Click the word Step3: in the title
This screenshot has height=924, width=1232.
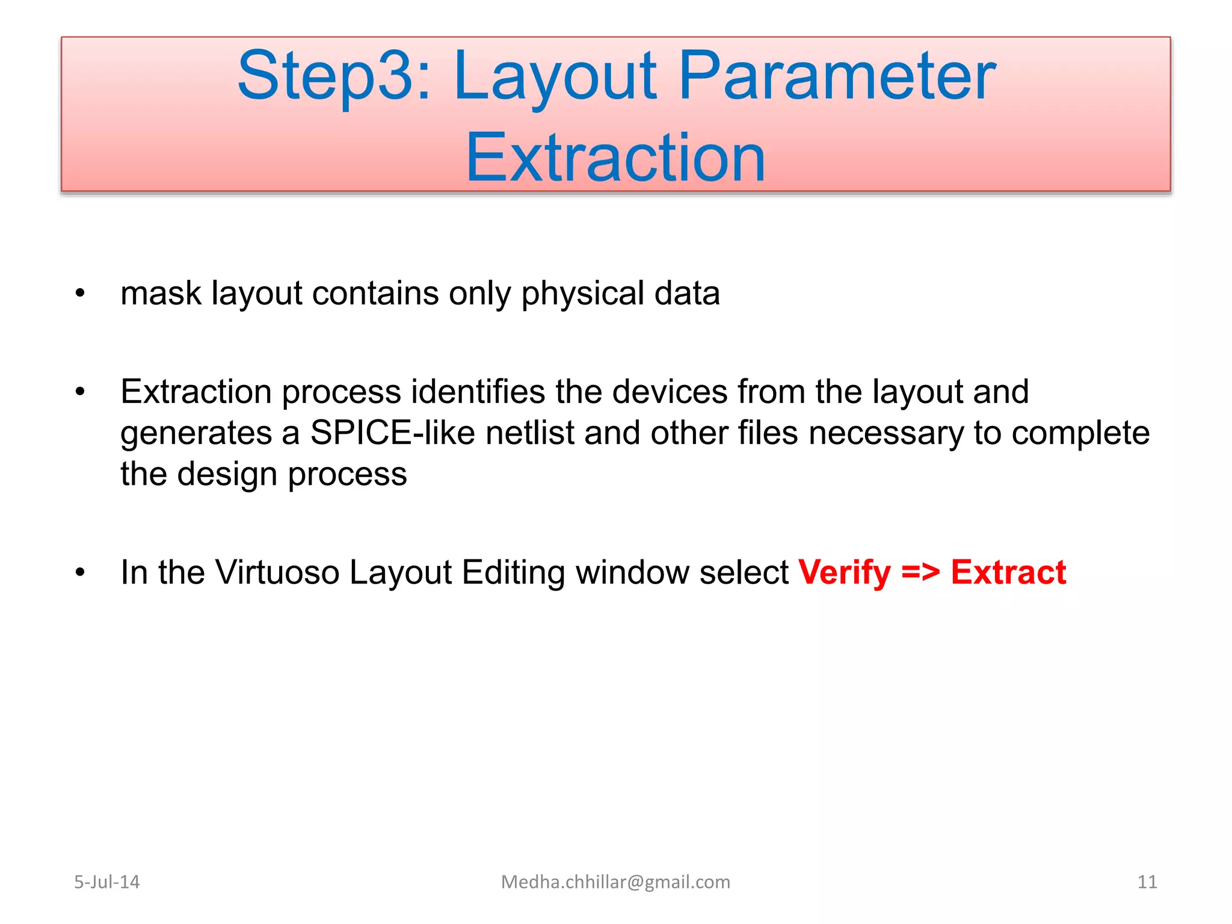click(x=334, y=77)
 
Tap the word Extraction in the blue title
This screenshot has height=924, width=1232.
click(x=615, y=158)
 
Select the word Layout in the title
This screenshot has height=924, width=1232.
click(x=555, y=77)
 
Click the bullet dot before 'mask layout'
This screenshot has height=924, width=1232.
click(x=81, y=294)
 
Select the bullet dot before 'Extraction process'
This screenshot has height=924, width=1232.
click(x=81, y=392)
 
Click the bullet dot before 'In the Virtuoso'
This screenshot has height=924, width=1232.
click(x=81, y=573)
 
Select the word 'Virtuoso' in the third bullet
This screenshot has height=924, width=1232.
click(x=277, y=573)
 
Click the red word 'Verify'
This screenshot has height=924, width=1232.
click(x=844, y=573)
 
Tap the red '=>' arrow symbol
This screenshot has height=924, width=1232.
click(x=920, y=573)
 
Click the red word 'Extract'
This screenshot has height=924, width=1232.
click(x=1008, y=573)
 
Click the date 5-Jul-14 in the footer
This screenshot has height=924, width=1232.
click(x=106, y=882)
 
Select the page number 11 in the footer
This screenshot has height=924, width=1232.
click(x=1147, y=882)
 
